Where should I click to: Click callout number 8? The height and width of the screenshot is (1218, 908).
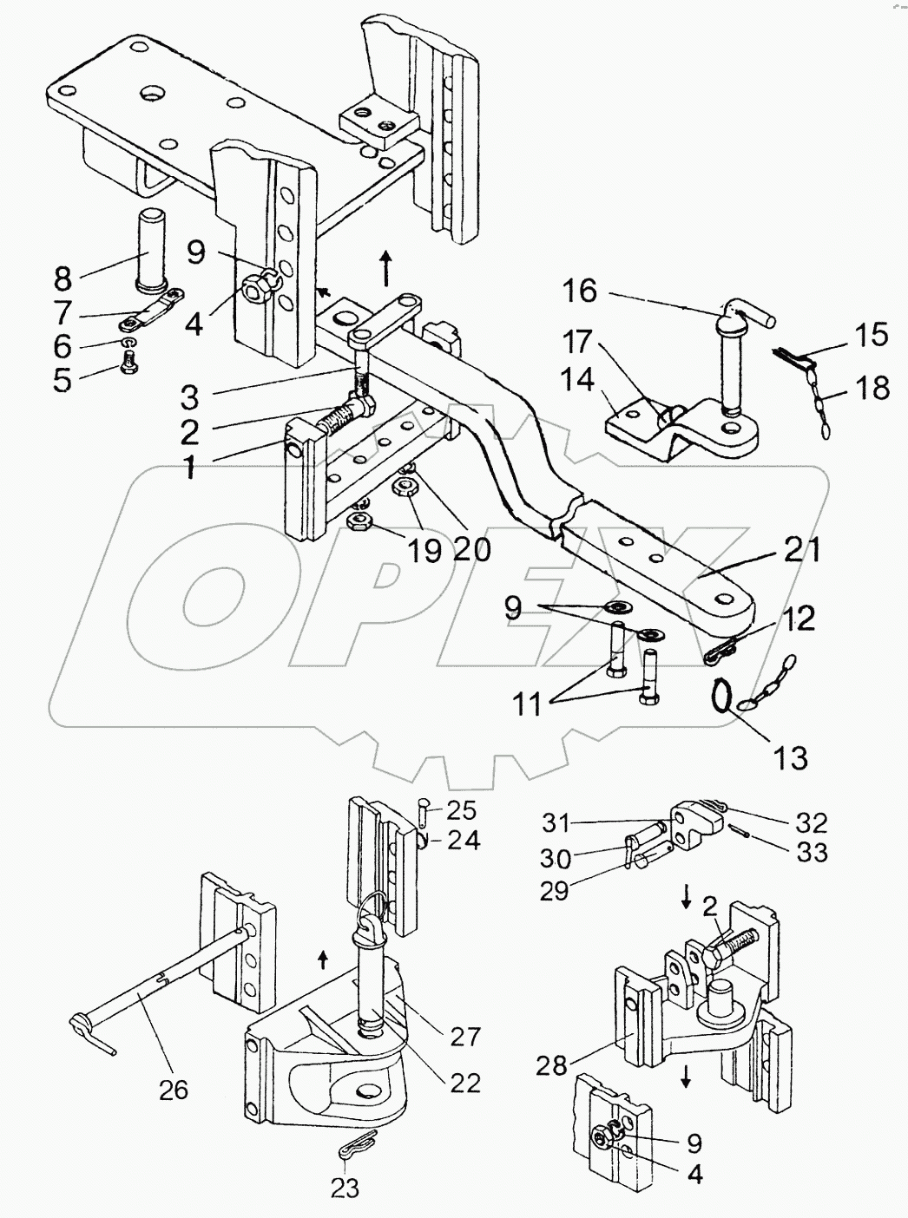tap(63, 279)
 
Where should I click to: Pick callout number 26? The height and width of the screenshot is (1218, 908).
tap(174, 1088)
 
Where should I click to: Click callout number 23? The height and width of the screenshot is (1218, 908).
tap(345, 1188)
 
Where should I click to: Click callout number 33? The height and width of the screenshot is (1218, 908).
tap(813, 852)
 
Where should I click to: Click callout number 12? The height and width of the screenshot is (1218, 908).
tap(799, 619)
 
